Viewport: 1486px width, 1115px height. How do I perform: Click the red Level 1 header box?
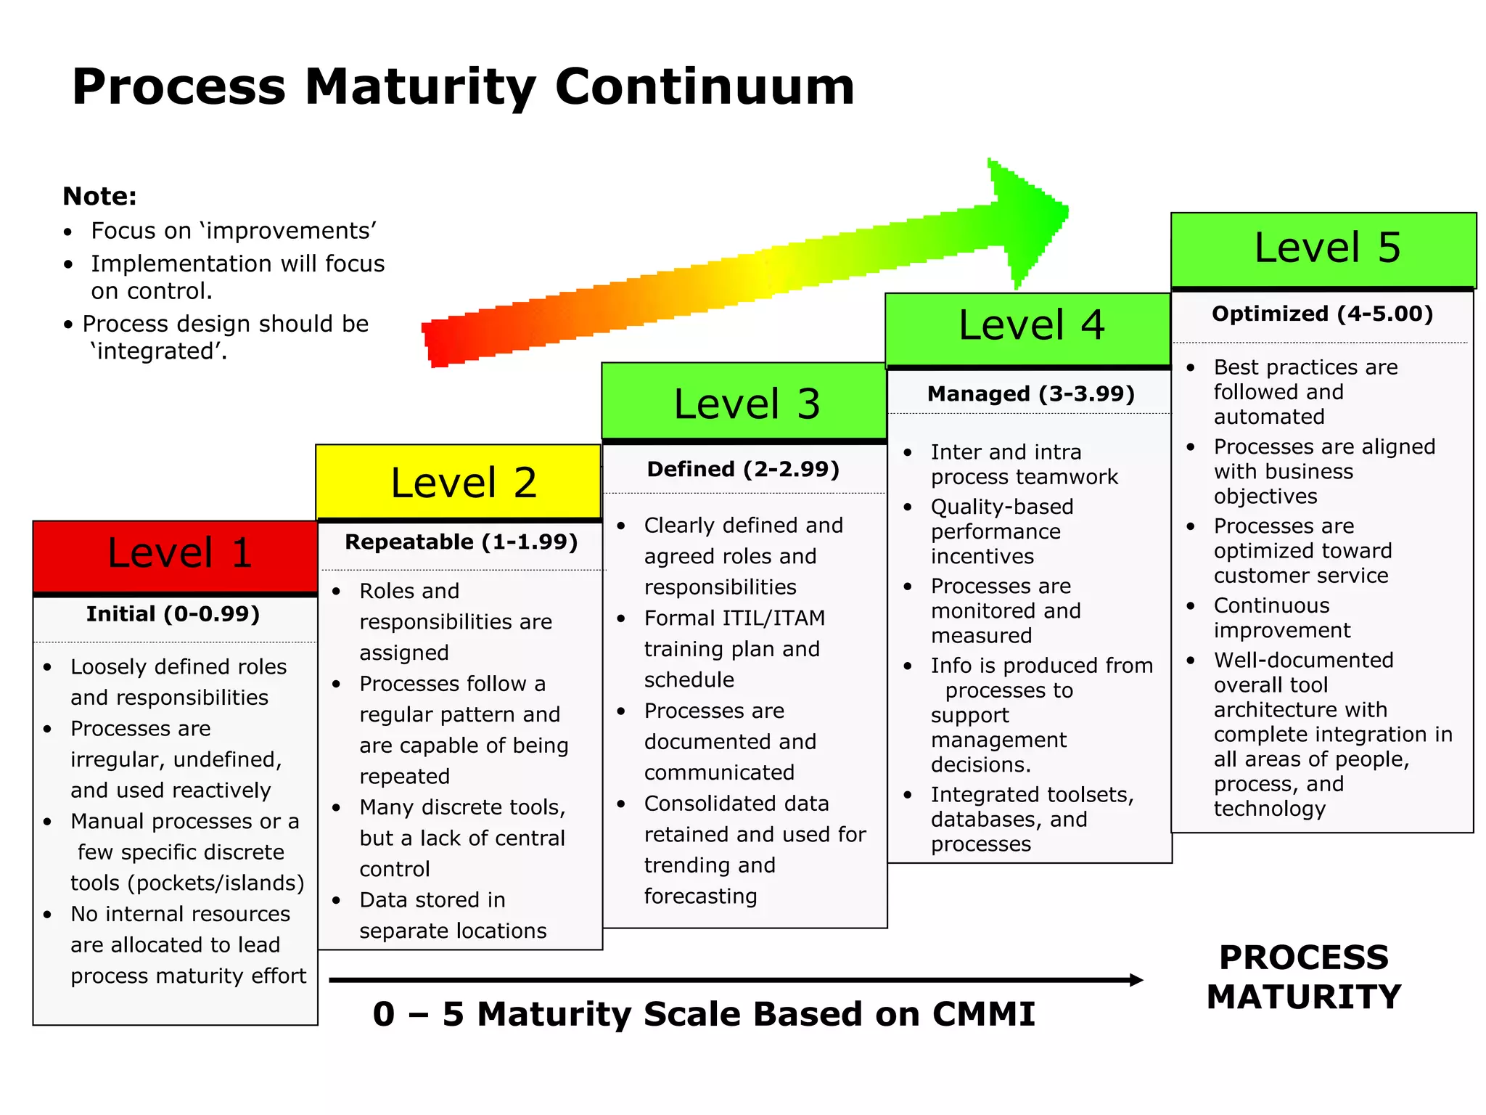tap(176, 555)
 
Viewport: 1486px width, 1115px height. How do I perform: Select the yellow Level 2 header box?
tap(459, 482)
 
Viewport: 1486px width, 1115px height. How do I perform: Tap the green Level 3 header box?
tap(744, 401)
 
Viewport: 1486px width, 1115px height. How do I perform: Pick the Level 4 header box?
tap(1028, 329)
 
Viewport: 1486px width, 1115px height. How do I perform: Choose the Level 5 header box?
tap(1323, 249)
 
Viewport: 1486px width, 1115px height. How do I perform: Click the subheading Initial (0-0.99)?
tap(173, 614)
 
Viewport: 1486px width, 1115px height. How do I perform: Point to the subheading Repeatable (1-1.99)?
tap(461, 542)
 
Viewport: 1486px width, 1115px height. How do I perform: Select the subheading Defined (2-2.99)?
tap(743, 469)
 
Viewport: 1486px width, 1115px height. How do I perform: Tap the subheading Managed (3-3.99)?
tap(1030, 394)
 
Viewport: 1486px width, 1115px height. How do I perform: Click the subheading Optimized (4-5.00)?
tap(1322, 314)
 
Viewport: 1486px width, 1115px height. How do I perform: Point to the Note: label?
tap(99, 196)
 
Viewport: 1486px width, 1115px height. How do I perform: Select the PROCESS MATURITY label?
tap(1304, 977)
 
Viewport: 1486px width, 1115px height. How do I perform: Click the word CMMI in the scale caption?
tap(983, 1014)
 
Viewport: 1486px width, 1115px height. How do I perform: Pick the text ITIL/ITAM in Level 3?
tap(771, 618)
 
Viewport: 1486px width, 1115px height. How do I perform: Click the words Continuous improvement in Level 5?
tap(1281, 618)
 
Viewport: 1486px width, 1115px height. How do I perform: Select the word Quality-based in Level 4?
tap(1002, 507)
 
